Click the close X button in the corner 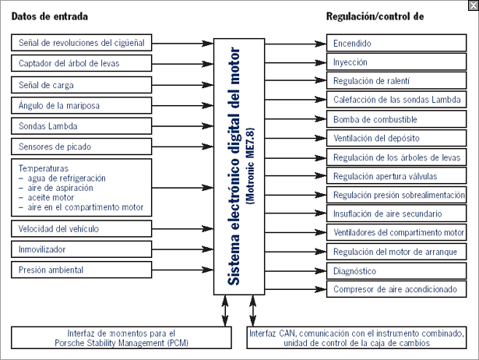click(x=474, y=5)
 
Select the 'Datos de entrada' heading click(x=50, y=16)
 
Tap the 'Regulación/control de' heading click(x=375, y=16)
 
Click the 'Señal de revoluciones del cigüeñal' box click(x=82, y=43)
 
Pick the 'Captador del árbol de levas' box click(x=82, y=63)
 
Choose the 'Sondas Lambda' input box click(x=82, y=126)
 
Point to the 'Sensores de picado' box click(x=82, y=146)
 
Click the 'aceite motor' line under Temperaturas click(x=51, y=197)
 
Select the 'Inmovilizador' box click(x=82, y=249)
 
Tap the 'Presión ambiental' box click(x=82, y=270)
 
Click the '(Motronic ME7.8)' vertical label click(x=250, y=166)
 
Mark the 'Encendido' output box click(x=396, y=43)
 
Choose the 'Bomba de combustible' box click(x=396, y=119)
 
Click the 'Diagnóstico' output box click(x=396, y=270)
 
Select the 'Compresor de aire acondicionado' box click(x=396, y=289)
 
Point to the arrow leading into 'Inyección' click(x=295, y=62)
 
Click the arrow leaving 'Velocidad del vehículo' click(x=183, y=228)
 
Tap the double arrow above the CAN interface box click(x=252, y=311)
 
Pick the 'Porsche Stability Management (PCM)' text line click(x=122, y=343)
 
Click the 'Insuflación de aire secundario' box click(x=396, y=214)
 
